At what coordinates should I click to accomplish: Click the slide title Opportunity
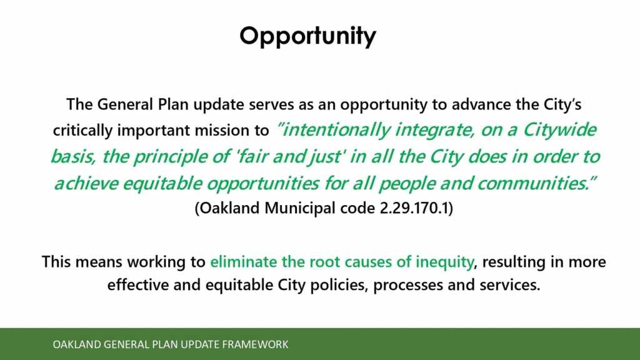[307, 36]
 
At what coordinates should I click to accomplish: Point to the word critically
[82, 131]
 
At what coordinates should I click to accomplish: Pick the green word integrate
[435, 131]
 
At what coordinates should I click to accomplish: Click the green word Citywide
[559, 130]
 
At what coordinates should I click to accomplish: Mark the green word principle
[176, 157]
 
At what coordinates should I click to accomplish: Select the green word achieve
[86, 184]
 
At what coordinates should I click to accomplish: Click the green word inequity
[444, 262]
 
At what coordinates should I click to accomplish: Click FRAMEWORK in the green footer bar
[255, 344]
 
